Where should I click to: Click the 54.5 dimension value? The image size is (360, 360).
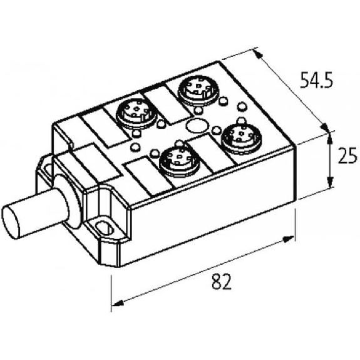click(316, 80)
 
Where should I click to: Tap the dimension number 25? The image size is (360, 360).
click(347, 155)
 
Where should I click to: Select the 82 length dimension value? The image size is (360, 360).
click(222, 281)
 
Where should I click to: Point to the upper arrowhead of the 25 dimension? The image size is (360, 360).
click(330, 138)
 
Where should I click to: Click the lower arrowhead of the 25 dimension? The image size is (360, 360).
click(330, 182)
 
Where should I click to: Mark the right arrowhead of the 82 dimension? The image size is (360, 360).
click(288, 239)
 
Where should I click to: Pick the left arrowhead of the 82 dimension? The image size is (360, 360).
click(118, 304)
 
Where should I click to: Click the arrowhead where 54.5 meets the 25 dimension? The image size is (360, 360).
click(325, 127)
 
